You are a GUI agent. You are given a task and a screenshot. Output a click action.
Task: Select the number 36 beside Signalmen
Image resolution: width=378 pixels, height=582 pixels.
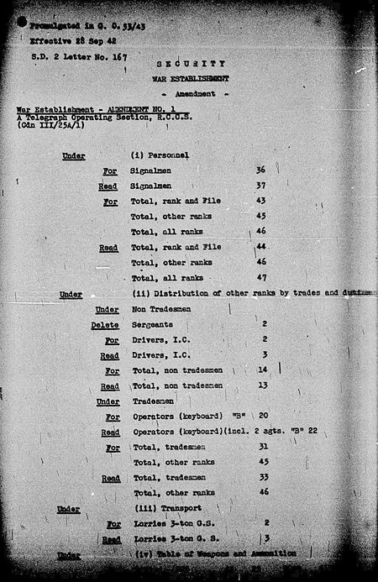coord(261,170)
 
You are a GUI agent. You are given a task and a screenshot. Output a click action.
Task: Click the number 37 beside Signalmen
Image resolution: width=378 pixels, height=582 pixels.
coord(261,186)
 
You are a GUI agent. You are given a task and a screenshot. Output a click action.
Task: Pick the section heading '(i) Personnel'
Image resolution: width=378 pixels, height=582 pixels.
coord(164,155)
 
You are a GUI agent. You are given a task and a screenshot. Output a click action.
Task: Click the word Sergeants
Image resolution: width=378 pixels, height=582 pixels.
coord(152,323)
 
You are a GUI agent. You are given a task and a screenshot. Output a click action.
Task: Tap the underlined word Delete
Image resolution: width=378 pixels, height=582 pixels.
coord(105,324)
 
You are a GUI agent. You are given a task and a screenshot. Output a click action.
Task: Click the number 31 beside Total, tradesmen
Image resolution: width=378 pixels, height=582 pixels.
coord(262,448)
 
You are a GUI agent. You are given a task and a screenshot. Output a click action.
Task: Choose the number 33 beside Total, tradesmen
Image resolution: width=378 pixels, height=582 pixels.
coord(262,478)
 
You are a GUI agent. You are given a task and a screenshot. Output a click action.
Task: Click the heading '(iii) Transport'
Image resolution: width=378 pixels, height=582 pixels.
coord(164,509)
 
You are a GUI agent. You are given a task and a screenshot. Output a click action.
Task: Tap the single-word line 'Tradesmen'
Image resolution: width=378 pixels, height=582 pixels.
coord(153,401)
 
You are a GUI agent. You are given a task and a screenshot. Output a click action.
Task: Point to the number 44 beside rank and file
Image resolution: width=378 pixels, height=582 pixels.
coord(261,247)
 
